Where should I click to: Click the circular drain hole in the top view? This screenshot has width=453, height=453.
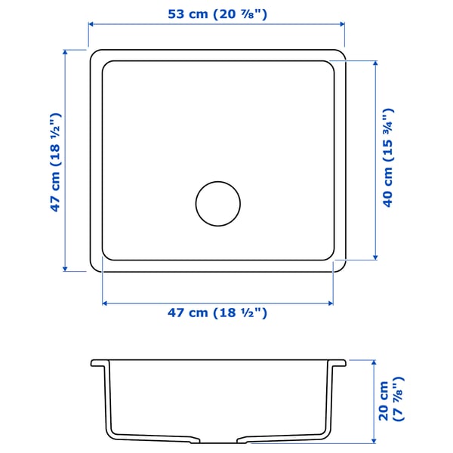click(x=218, y=203)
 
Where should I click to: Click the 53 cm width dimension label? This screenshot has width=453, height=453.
click(x=217, y=13)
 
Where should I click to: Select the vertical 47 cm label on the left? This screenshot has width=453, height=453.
click(x=55, y=162)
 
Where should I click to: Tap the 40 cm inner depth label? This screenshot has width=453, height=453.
click(x=388, y=159)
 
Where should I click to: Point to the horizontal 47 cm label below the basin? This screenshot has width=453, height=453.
click(x=217, y=313)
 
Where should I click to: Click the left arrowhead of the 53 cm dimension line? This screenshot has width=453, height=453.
click(x=92, y=24)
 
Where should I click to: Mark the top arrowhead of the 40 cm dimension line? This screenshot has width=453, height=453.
click(x=374, y=63)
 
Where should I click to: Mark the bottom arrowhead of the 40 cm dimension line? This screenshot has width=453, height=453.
click(x=374, y=257)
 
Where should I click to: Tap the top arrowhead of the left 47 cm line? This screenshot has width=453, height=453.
click(x=66, y=53)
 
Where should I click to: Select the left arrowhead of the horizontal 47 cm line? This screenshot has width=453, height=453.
click(x=105, y=303)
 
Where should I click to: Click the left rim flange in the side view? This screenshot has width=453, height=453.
click(x=99, y=363)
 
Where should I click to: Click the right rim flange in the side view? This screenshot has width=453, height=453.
click(x=337, y=363)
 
